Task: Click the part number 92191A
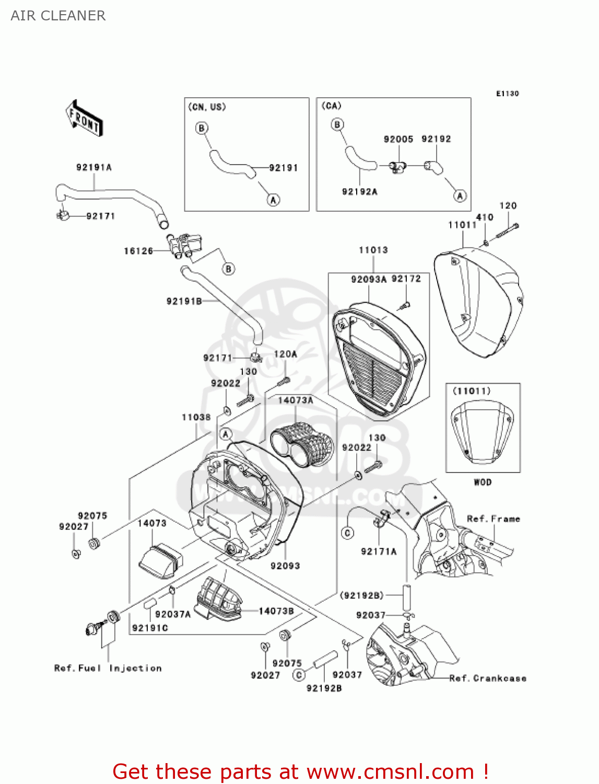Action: (x=94, y=168)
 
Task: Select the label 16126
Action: (x=138, y=251)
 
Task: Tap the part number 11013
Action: (x=373, y=250)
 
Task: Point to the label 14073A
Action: (x=296, y=400)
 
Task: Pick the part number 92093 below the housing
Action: (x=285, y=566)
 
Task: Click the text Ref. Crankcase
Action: (x=488, y=678)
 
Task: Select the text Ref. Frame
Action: (x=493, y=519)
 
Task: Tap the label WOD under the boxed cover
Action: (x=483, y=482)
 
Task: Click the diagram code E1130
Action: (x=507, y=94)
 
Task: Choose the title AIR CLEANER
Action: (x=58, y=16)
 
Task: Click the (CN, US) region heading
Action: (x=207, y=107)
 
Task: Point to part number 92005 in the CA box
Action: (x=398, y=139)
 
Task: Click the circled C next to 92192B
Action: (x=299, y=675)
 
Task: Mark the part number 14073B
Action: (x=276, y=611)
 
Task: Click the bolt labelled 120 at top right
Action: (x=507, y=230)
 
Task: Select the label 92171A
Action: (x=379, y=551)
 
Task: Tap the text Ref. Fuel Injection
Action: (x=108, y=668)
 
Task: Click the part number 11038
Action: (x=196, y=417)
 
